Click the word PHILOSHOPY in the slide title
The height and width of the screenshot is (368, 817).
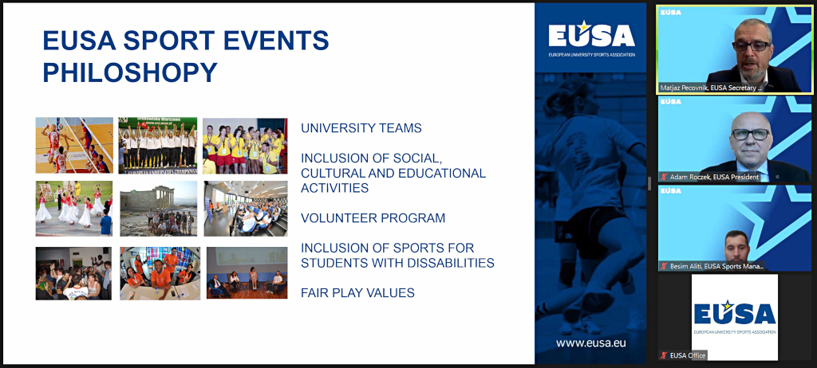[130, 72]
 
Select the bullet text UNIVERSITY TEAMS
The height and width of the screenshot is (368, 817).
[361, 128]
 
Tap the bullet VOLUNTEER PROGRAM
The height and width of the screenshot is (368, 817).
[373, 218]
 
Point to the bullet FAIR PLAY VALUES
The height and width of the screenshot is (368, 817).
[357, 293]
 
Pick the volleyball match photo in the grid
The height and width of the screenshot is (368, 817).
[74, 146]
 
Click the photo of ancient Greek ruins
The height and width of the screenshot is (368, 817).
[157, 209]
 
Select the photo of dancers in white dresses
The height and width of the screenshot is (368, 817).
[74, 209]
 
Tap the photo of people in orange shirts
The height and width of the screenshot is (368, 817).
[160, 273]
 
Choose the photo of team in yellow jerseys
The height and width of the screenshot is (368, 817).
[244, 146]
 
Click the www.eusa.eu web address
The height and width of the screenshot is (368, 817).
[590, 343]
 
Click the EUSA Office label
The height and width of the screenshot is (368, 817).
[686, 355]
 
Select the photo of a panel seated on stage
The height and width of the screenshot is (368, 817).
[247, 273]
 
